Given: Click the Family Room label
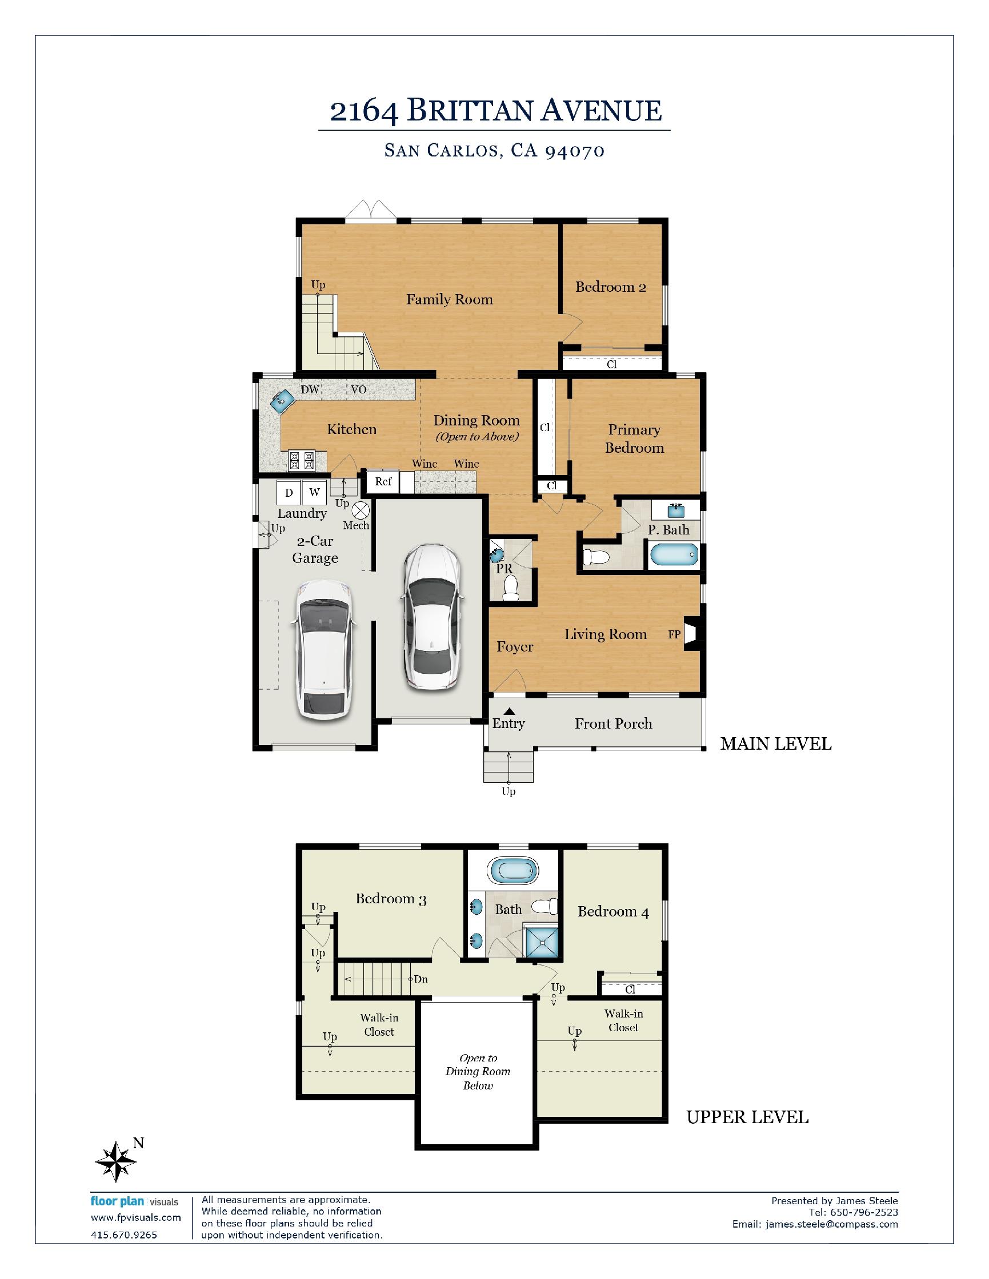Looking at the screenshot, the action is click(x=450, y=300).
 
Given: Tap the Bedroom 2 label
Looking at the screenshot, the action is click(x=611, y=287).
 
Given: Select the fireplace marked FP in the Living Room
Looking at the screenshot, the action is click(x=691, y=634).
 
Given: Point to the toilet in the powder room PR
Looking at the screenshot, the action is click(x=511, y=588).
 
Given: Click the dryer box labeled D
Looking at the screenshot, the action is click(x=289, y=493).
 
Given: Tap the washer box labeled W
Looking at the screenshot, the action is click(x=314, y=493).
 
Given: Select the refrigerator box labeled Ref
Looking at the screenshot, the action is click(x=383, y=482).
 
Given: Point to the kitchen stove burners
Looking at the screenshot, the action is click(x=301, y=461).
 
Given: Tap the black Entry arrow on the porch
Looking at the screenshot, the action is click(x=510, y=711).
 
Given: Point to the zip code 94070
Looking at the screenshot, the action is click(x=575, y=151).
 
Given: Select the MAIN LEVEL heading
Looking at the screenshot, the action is click(x=776, y=744).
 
